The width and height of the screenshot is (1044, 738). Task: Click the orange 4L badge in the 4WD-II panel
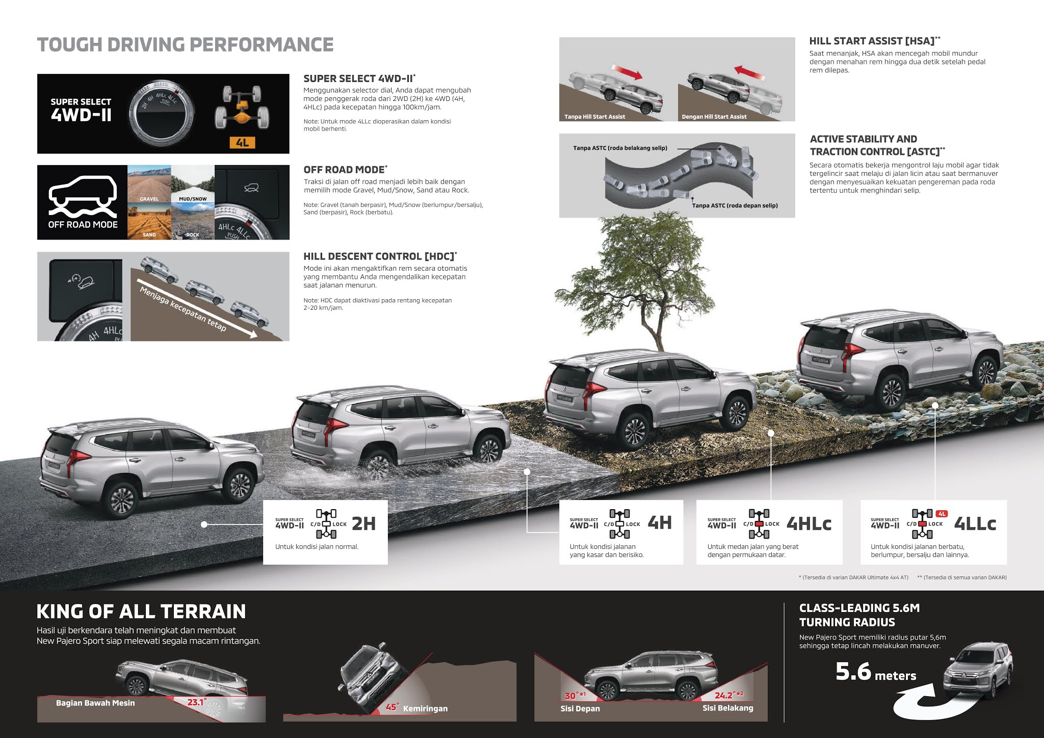pos(242,143)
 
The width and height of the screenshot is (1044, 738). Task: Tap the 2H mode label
pos(363,523)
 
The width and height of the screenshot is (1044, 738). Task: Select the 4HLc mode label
pos(808,523)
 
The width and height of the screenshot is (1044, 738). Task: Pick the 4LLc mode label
pos(975,523)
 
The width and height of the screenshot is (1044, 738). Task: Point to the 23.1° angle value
pos(197,702)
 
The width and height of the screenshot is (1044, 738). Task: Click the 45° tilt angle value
pos(391,707)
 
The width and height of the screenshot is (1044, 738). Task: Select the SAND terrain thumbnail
pos(149,221)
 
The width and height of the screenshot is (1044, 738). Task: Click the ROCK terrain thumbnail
pos(193,221)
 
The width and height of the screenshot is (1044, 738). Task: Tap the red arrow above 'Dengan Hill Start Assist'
pos(750,72)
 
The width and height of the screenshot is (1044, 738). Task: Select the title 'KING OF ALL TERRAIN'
pos(141,611)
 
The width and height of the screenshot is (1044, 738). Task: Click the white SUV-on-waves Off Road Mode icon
pos(83,196)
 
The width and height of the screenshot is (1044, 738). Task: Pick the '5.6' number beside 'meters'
pos(853,672)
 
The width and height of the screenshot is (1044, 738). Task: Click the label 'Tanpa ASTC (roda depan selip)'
pos(735,205)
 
